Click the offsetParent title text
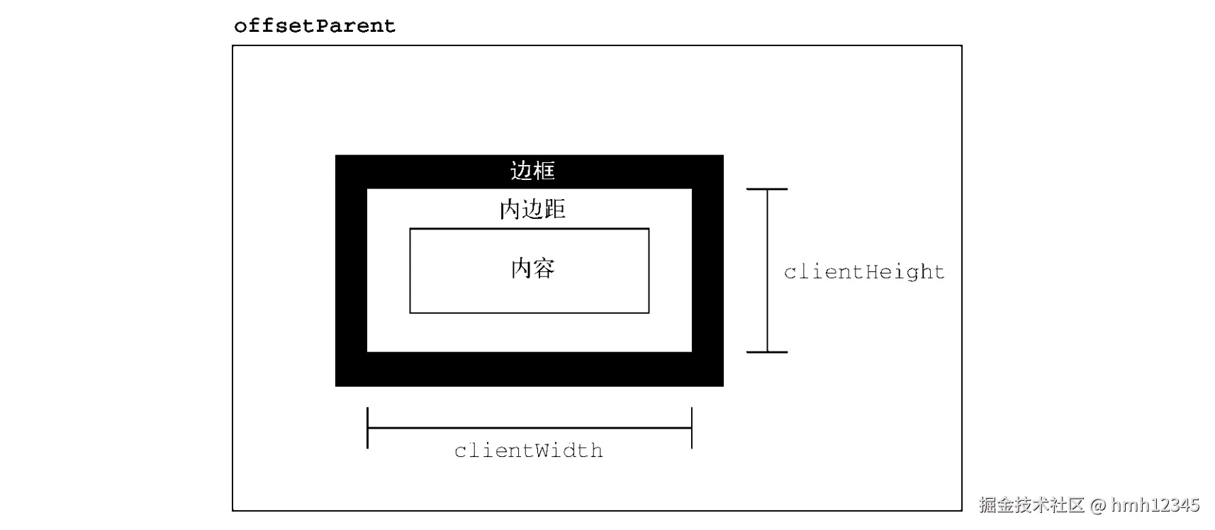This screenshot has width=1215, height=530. [314, 26]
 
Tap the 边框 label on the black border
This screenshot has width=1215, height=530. [532, 171]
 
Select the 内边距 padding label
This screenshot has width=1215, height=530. [532, 209]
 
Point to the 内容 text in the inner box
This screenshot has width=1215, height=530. [532, 269]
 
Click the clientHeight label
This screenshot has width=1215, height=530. [864, 272]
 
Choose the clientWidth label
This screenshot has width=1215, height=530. [529, 451]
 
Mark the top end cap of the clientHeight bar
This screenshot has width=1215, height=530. [767, 189]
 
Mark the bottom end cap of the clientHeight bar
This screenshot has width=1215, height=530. [767, 351]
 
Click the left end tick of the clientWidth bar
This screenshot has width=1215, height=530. [367, 428]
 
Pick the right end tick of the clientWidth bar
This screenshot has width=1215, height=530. [691, 428]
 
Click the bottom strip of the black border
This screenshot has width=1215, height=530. [529, 369]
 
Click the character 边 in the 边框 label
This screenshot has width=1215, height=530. [521, 171]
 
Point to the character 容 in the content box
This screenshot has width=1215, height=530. [544, 269]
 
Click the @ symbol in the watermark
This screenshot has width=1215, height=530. [1098, 505]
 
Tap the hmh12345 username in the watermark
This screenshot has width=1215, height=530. [1155, 505]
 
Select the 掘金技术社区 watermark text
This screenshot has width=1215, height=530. [1032, 505]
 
